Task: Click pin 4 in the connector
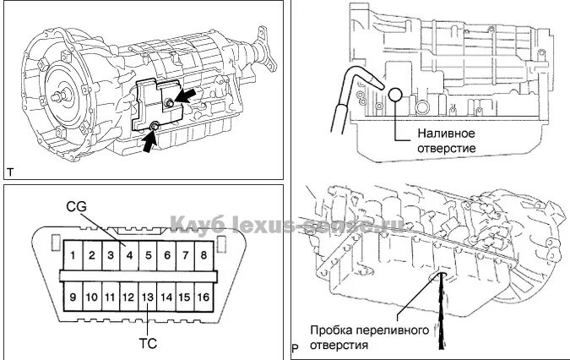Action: point(129,255)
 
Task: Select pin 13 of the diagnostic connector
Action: point(147,297)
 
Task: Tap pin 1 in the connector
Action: point(75,255)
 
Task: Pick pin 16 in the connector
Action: point(203,297)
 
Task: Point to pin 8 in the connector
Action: point(203,255)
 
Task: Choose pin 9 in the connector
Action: point(75,297)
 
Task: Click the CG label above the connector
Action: point(77,207)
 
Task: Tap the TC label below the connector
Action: point(149,344)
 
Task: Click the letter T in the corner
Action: point(10,172)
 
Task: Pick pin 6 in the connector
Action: point(166,255)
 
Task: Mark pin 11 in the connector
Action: point(111,297)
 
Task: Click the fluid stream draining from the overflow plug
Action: point(441,317)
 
